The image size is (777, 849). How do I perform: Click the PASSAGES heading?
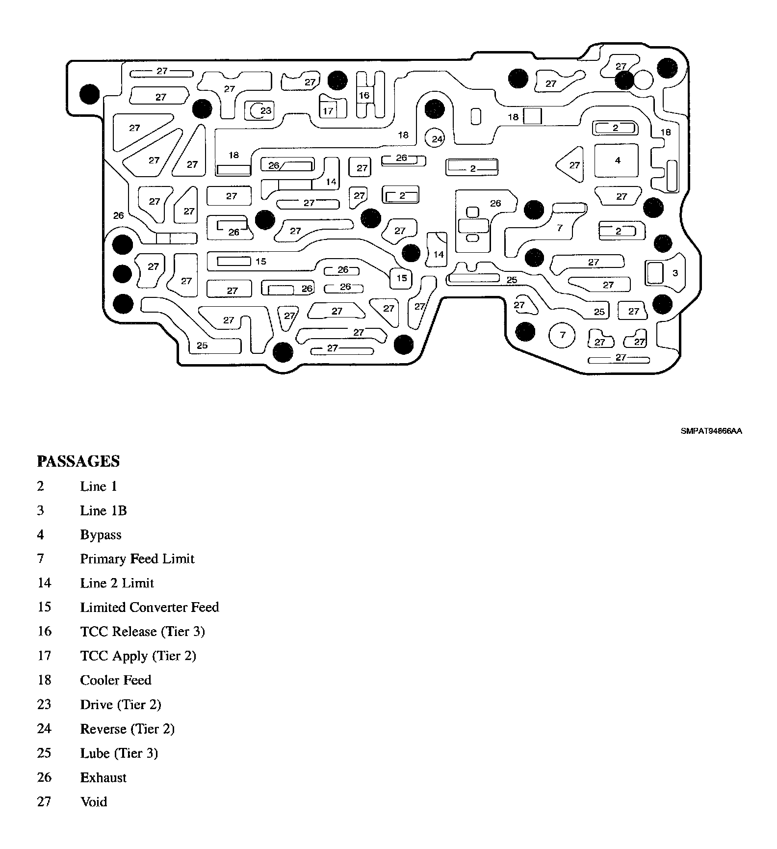(78, 461)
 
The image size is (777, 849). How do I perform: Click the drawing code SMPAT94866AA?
(711, 431)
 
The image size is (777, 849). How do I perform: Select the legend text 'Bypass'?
(101, 534)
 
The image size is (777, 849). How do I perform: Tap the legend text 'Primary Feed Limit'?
(137, 558)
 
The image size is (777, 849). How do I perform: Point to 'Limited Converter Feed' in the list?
(149, 607)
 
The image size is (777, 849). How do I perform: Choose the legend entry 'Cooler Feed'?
(116, 680)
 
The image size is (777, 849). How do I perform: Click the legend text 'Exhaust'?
(103, 777)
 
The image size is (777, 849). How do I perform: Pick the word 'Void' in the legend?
(93, 801)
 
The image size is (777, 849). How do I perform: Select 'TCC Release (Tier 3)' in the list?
(142, 631)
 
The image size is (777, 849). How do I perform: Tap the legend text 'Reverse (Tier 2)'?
(127, 729)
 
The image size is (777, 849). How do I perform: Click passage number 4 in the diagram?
(617, 160)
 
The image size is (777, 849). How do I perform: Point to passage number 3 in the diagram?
(675, 273)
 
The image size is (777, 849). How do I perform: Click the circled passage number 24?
(437, 139)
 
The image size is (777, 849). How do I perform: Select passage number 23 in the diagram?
(265, 110)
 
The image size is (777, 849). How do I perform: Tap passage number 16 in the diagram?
(363, 95)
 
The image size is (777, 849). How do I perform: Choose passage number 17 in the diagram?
(328, 111)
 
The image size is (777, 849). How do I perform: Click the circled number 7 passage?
(563, 335)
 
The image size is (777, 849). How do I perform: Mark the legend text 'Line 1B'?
(103, 510)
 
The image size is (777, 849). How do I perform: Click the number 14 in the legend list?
(44, 583)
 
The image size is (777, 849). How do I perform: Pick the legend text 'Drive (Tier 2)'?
(120, 704)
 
